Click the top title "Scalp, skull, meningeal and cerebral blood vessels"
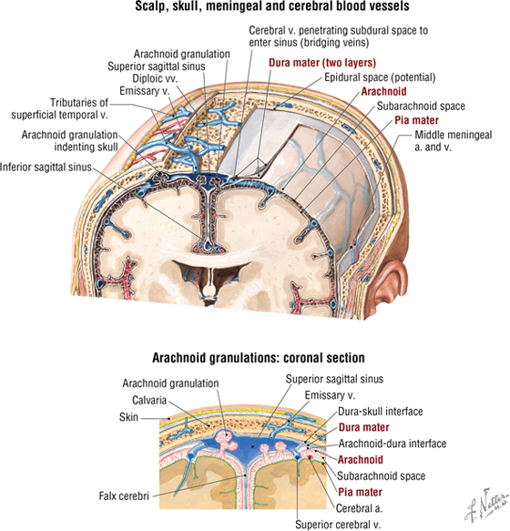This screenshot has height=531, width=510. tap(272, 6)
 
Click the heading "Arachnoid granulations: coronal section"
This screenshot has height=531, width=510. tap(259, 358)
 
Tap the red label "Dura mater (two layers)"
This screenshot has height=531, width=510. tap(322, 63)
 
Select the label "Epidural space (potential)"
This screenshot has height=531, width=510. tap(380, 77)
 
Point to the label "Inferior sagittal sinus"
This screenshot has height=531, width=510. tap(46, 167)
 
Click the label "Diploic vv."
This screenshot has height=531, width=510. tap(155, 78)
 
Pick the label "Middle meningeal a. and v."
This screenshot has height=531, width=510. tap(454, 141)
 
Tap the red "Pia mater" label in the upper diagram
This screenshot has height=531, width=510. tap(416, 120)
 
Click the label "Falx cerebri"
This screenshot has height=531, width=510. tap(124, 496)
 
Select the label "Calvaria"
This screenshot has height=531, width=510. tap(149, 400)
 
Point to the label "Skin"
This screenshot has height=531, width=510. tap(128, 416)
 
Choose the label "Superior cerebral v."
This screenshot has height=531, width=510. tap(338, 525)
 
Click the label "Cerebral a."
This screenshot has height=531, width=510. tap(360, 508)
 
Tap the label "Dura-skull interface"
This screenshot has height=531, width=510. tap(381, 412)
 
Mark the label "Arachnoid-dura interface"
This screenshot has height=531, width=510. tap(393, 444)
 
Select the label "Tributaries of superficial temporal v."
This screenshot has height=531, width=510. tap(59, 108)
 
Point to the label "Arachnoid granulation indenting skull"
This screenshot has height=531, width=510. tap(70, 141)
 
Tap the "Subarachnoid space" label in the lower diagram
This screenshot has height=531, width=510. tap(382, 475)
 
